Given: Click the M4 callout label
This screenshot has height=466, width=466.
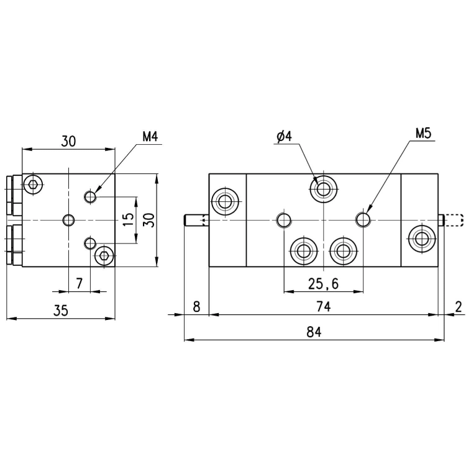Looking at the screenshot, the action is [150, 137].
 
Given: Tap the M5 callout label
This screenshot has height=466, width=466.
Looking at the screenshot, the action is [423, 134].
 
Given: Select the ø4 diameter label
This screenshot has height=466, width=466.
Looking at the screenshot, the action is [284, 137].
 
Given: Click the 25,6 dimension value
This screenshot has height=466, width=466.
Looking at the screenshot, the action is [323, 284].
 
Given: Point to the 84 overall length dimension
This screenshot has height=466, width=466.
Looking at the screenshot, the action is [314, 332].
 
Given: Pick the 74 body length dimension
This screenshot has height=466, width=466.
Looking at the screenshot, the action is [323, 306].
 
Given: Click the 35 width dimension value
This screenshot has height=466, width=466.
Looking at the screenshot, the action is [61, 311].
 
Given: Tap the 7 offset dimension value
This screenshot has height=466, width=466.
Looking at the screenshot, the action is [79, 283].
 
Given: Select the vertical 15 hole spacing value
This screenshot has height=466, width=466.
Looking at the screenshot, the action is [129, 219].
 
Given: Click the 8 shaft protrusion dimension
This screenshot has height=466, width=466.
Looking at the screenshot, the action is [196, 307].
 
